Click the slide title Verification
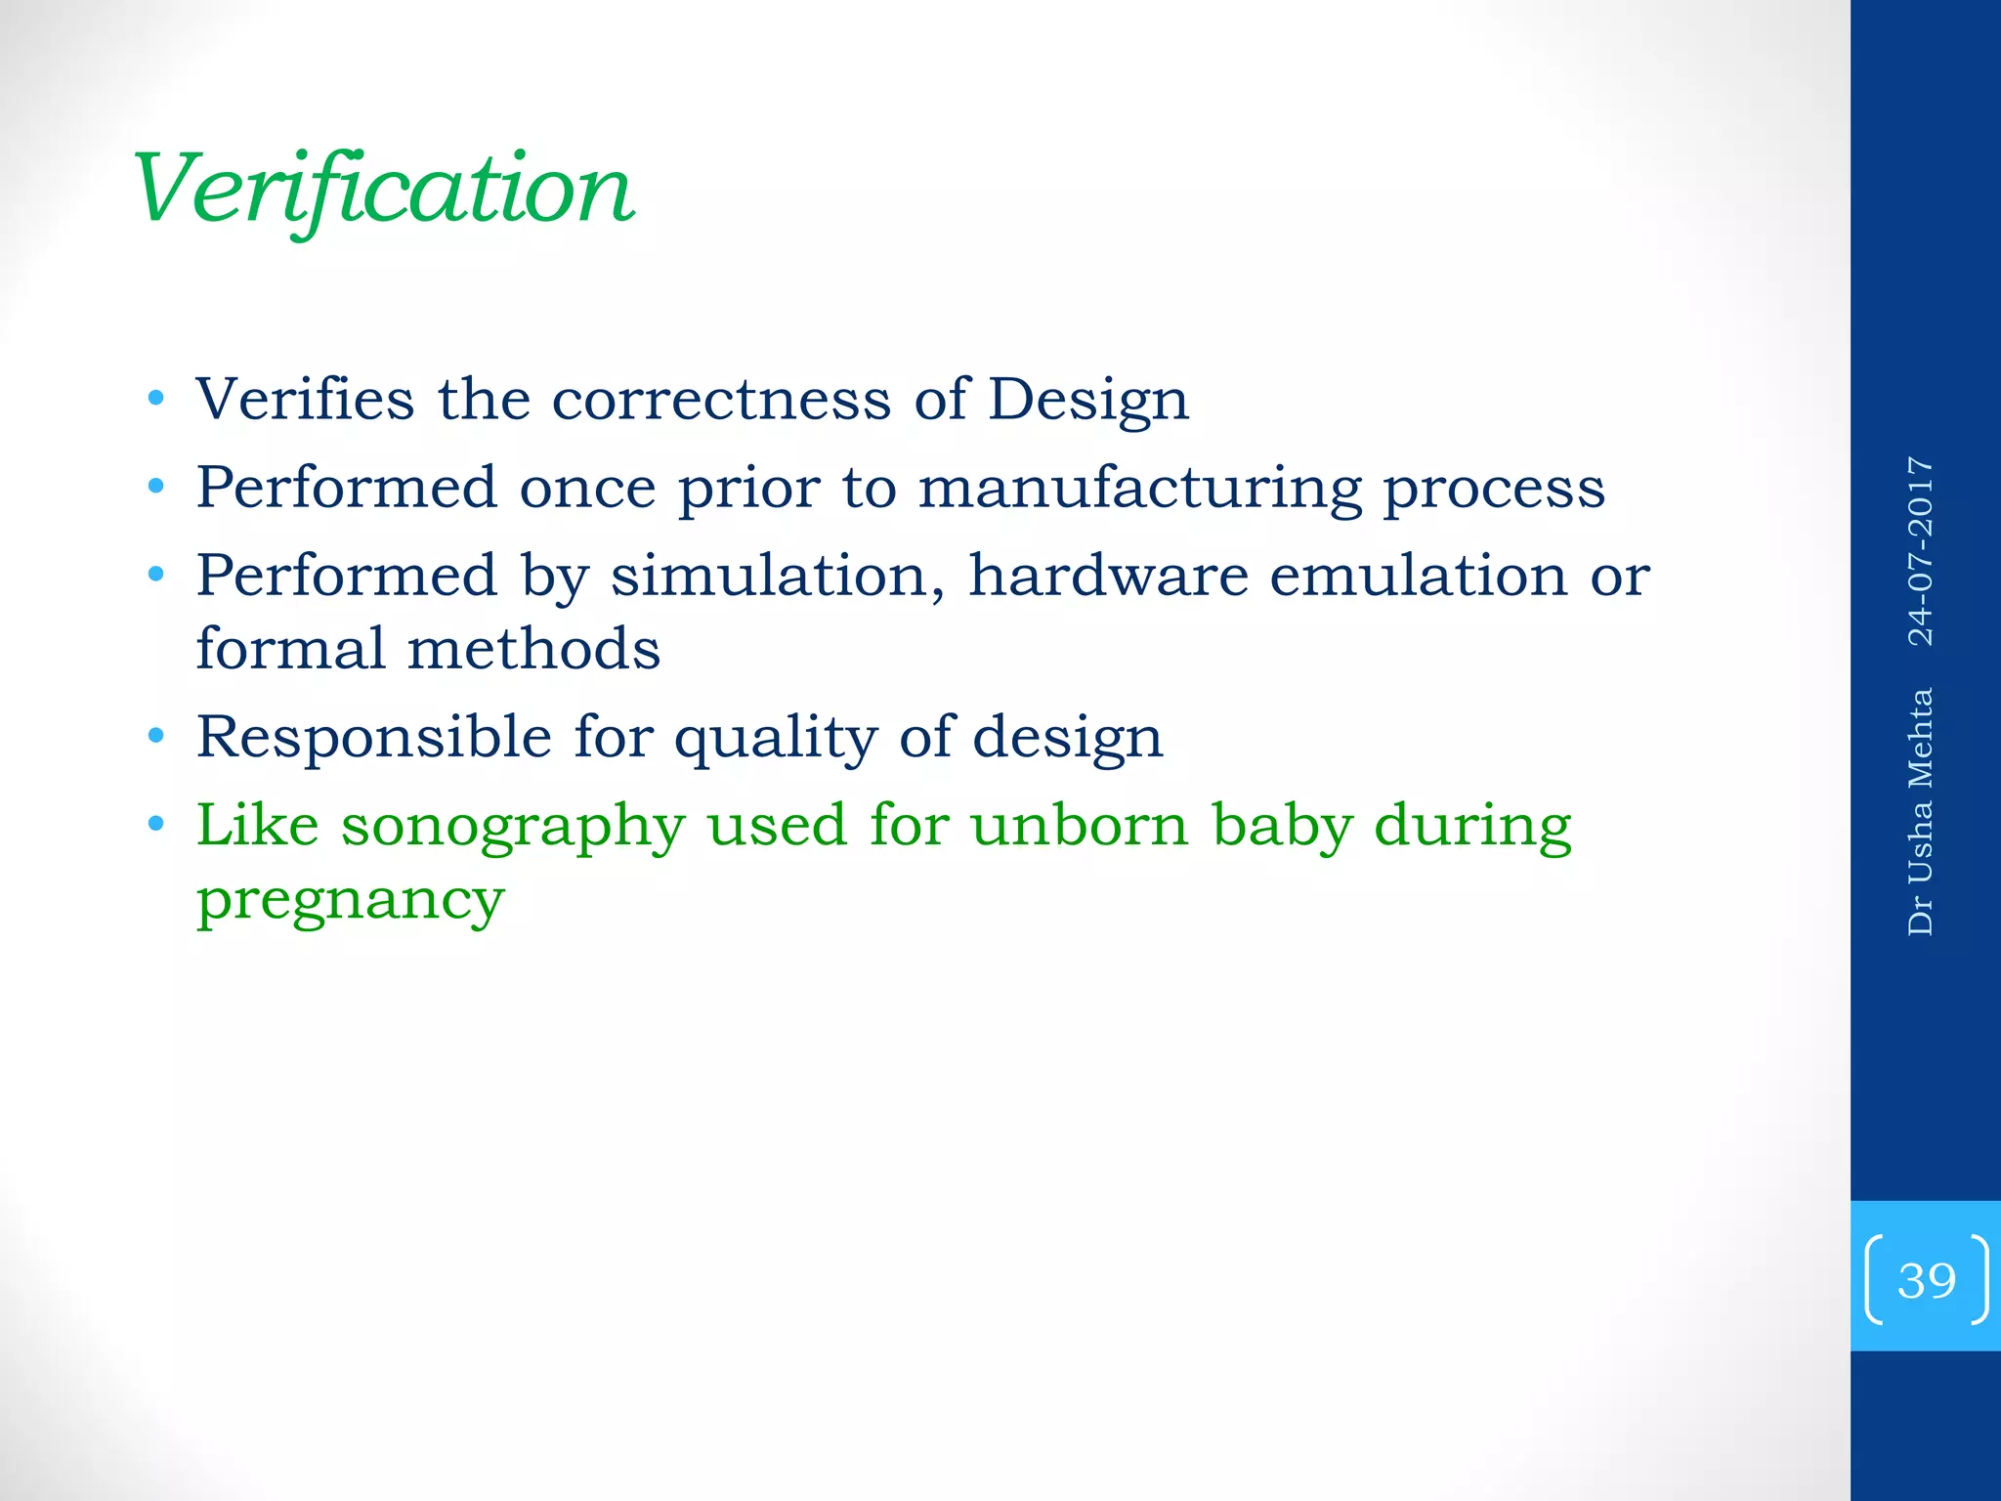click(383, 190)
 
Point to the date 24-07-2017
click(1921, 551)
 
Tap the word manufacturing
click(1139, 489)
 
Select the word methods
click(533, 649)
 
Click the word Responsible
click(373, 737)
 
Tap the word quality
click(776, 739)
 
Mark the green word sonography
click(512, 827)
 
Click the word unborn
click(1079, 825)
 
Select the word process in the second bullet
click(1494, 489)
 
